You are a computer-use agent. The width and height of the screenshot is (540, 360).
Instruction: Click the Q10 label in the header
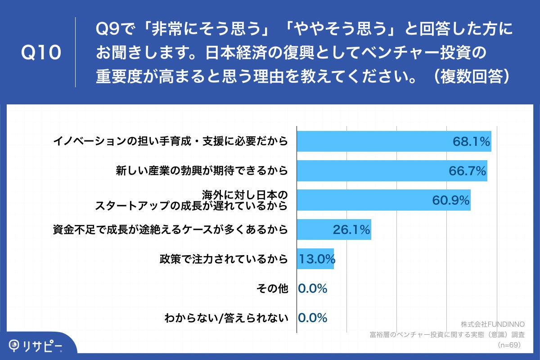click(41, 53)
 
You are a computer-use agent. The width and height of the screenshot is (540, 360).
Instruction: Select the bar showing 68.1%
click(394, 142)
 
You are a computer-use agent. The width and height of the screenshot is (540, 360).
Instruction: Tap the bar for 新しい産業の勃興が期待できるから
click(391, 171)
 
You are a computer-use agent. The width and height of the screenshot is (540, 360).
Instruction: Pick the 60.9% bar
click(383, 200)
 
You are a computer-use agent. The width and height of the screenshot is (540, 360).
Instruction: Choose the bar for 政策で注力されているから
click(315, 259)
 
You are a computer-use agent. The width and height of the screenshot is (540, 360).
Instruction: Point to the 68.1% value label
click(471, 142)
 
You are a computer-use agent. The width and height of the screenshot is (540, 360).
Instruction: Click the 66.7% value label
click(467, 171)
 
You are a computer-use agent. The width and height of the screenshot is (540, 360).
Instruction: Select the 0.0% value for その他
click(313, 288)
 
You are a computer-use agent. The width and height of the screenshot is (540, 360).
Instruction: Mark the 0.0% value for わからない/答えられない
click(313, 318)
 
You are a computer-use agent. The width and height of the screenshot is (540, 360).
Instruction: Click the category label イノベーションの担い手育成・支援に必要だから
click(170, 142)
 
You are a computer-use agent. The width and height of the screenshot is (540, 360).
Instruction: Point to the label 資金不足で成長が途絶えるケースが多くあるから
click(170, 230)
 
